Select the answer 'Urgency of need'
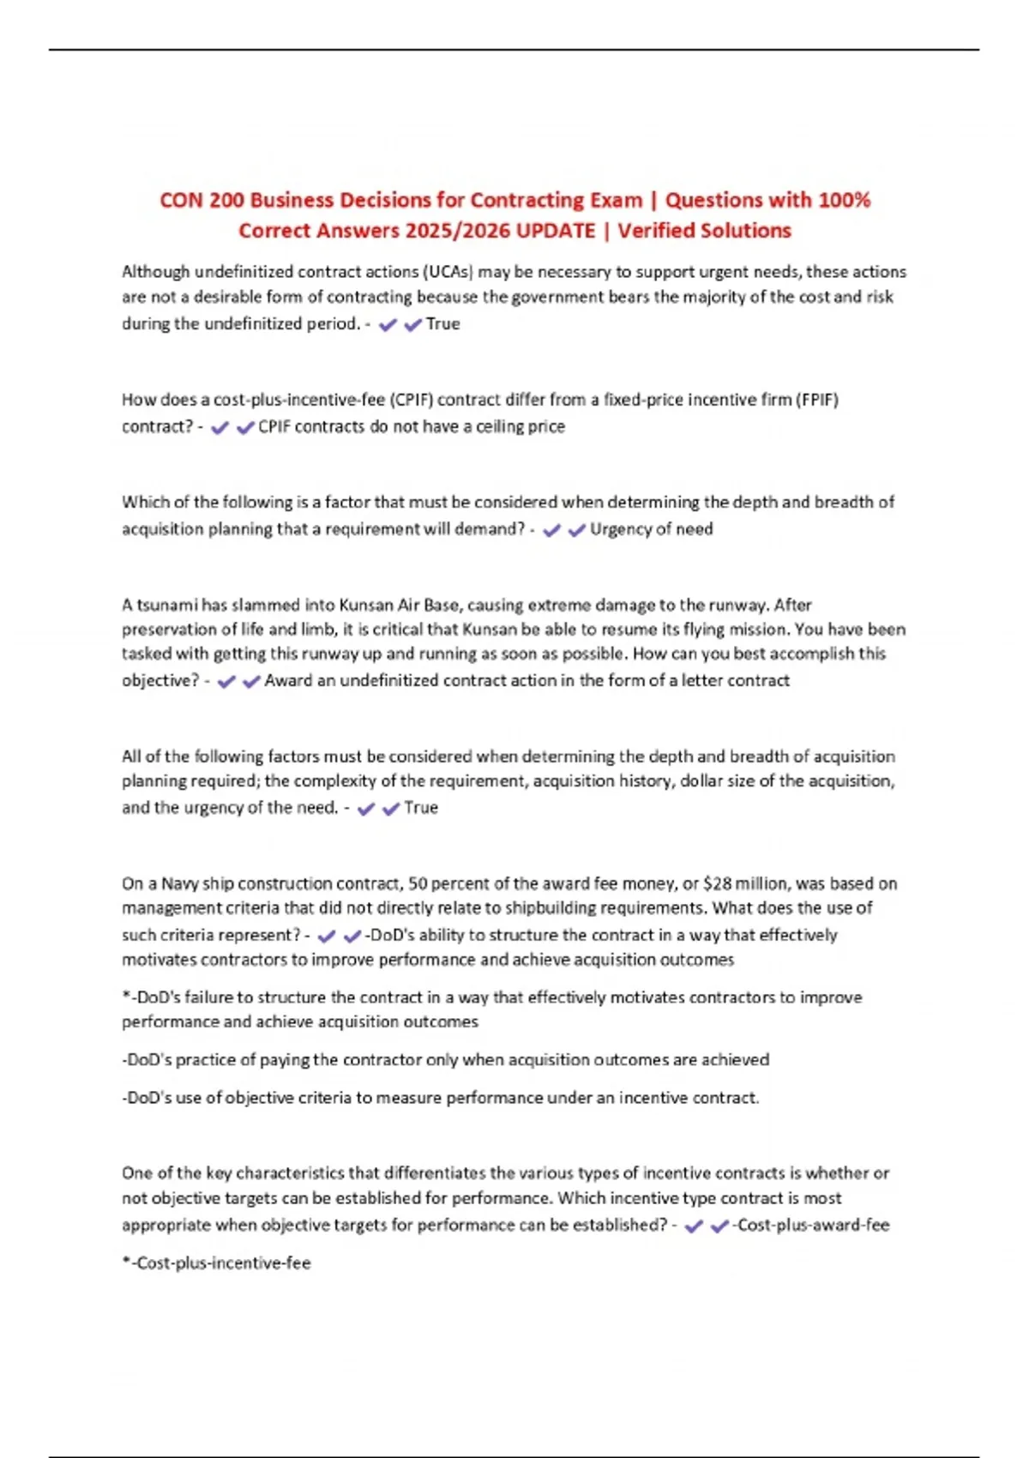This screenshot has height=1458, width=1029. coord(651,529)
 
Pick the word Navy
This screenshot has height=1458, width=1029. coord(180,883)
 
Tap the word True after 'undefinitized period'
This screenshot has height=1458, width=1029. coord(442,323)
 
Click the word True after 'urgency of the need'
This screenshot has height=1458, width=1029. coord(421,807)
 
